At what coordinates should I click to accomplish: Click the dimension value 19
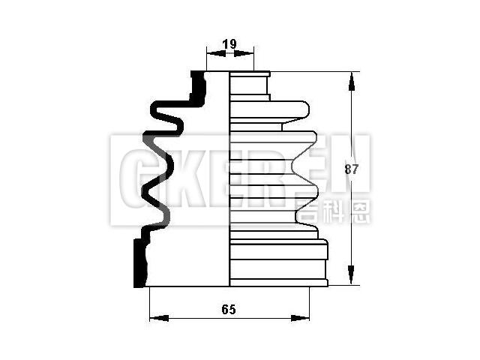pyautogui.click(x=229, y=44)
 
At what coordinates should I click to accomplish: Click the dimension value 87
pyautogui.click(x=352, y=169)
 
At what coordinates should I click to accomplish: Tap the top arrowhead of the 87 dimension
pyautogui.click(x=349, y=77)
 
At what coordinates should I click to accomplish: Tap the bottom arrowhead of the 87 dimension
pyautogui.click(x=349, y=280)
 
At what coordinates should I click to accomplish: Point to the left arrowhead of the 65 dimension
pyautogui.click(x=154, y=318)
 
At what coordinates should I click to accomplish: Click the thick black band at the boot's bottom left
pyautogui.click(x=139, y=262)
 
